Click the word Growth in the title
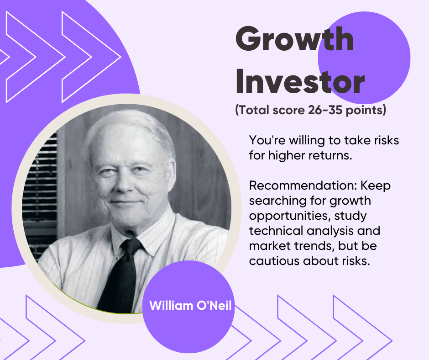[295, 39]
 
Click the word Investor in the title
[300, 81]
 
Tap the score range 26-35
[325, 110]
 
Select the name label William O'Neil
[190, 306]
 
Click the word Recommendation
[303, 185]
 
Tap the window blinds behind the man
[41, 192]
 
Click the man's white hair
[131, 123]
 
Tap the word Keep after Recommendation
[376, 186]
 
